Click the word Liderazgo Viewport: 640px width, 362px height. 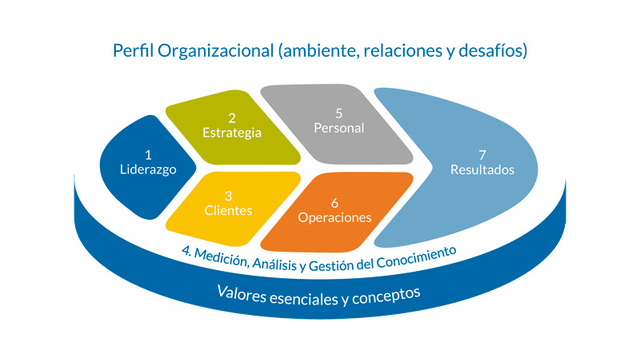coord(147,170)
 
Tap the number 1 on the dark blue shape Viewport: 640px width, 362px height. coord(147,154)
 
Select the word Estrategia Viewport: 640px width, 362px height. coord(231,133)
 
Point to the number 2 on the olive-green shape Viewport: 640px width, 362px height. coord(231,116)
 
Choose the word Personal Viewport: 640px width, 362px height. coord(339,128)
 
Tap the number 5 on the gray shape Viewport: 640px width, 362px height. coord(339,112)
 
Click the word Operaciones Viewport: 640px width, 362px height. coord(335,216)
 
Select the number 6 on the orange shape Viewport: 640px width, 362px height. coord(335,200)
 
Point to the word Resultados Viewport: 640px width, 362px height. coord(482,170)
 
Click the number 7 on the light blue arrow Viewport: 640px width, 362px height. coord(482,153)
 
